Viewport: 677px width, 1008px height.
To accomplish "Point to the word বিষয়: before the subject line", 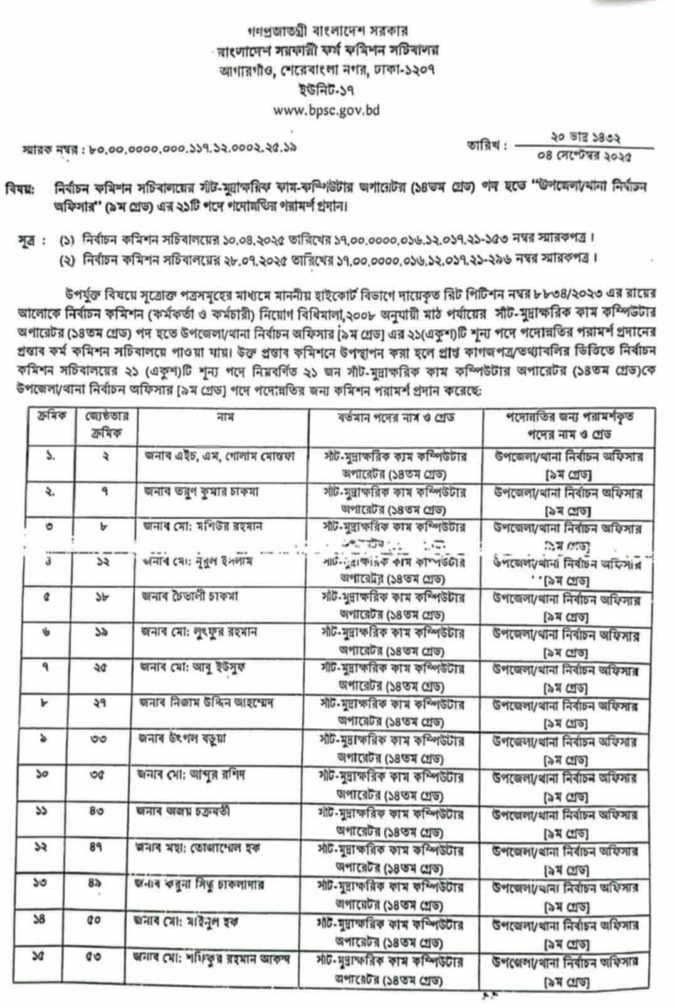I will click(21, 188).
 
